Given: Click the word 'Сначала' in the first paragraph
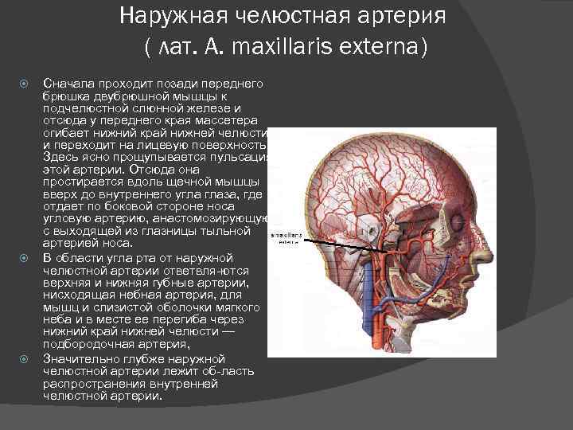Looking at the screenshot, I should [x=68, y=83].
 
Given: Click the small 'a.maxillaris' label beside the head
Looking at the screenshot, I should [x=286, y=236].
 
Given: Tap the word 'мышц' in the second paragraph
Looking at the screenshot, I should [x=56, y=308].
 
